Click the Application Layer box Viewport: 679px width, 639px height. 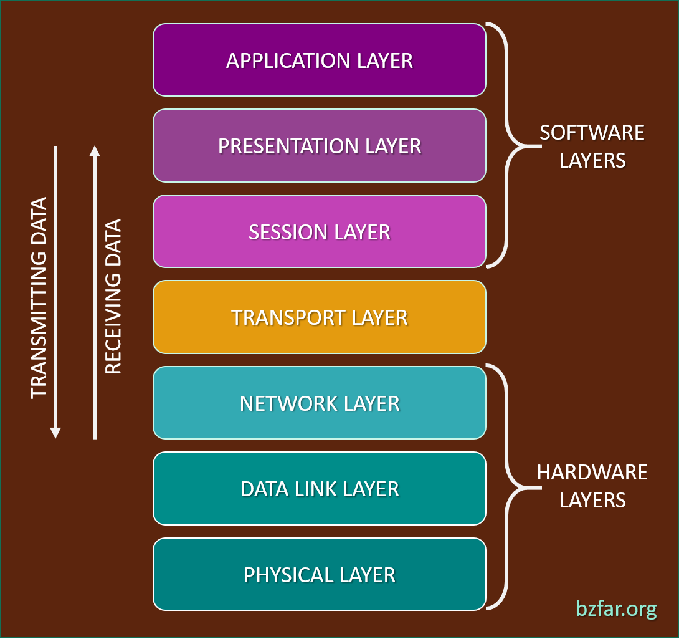319,60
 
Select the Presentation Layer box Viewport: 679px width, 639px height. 319,146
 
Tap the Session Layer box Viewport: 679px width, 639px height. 319,231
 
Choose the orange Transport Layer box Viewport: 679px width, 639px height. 319,317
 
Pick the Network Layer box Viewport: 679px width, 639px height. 319,403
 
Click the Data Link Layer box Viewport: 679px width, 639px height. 319,489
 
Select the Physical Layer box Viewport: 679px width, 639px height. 319,574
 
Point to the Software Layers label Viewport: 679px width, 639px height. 592,147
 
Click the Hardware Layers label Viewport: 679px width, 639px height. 592,486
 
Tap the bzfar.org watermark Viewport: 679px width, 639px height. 615,608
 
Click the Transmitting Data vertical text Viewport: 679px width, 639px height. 39,297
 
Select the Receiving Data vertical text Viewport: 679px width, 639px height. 113,297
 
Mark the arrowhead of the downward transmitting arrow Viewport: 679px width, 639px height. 55,432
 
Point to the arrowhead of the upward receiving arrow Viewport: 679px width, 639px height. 94,151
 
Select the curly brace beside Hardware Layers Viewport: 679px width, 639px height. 508,486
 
